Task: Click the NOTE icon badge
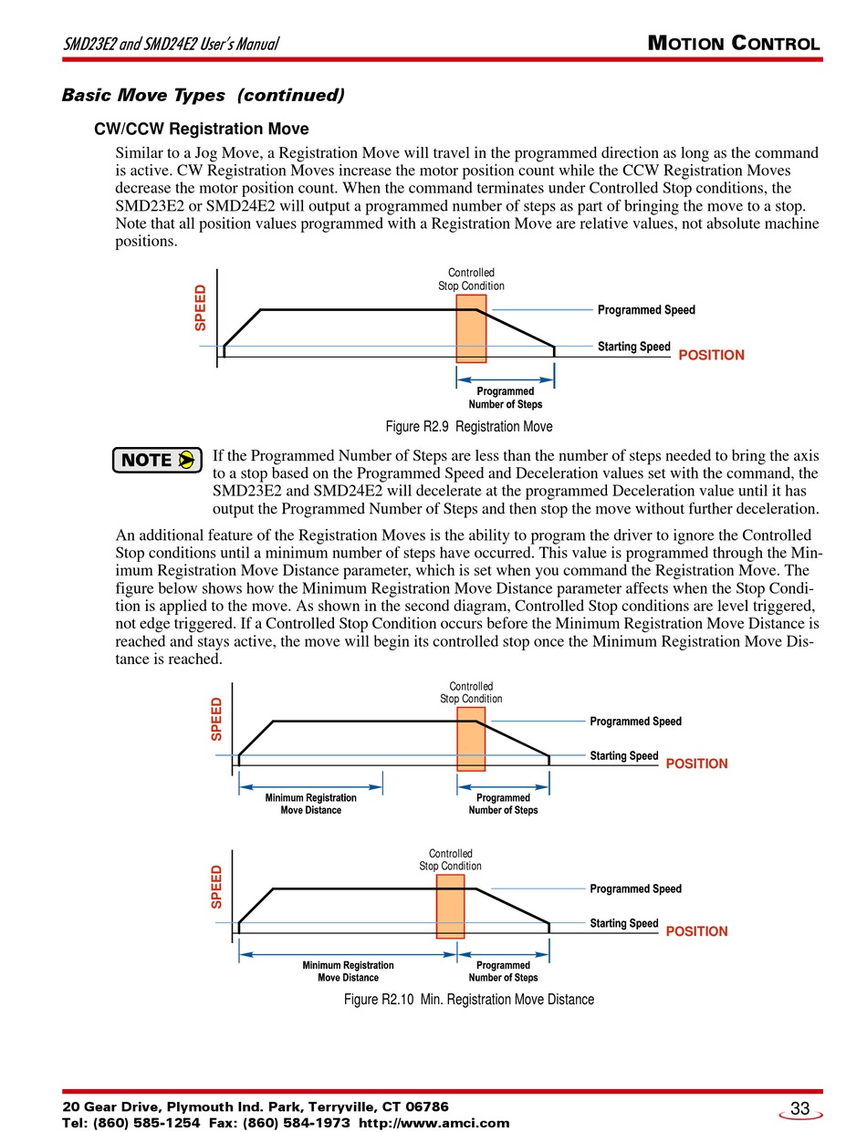(157, 460)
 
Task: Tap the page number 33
(799, 1108)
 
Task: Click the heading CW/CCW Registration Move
(202, 129)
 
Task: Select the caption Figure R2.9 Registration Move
(469, 426)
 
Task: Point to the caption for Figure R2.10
(469, 999)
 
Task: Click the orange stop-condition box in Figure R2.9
(471, 328)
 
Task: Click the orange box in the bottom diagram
(450, 906)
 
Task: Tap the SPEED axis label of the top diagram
(201, 308)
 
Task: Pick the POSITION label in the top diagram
(711, 355)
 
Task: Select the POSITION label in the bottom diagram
(696, 931)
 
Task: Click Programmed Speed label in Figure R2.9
(646, 310)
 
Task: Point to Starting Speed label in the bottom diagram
(623, 923)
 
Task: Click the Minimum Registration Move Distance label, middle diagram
(310, 804)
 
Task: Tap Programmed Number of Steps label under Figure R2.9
(505, 398)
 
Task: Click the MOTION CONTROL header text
(733, 43)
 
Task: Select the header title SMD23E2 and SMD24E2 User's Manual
(171, 44)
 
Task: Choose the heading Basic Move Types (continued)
(203, 95)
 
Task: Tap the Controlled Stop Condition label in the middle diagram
(471, 692)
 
